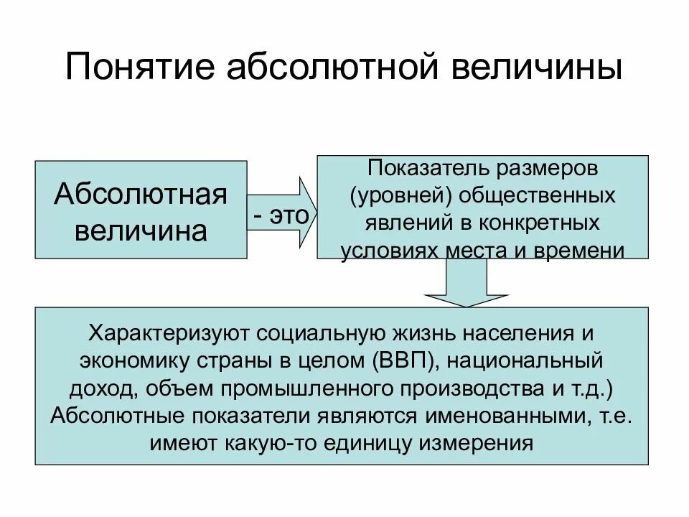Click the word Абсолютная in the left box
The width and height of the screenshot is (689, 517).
click(141, 193)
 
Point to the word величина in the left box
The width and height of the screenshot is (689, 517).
click(141, 230)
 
